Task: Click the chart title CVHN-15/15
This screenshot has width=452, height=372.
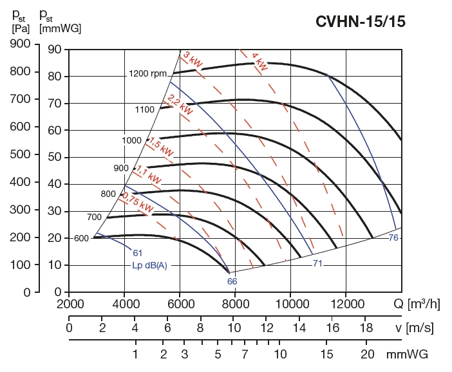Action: point(360,21)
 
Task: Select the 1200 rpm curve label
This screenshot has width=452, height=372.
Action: point(147,73)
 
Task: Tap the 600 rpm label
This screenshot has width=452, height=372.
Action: point(81,239)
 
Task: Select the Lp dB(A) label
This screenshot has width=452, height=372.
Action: point(149,266)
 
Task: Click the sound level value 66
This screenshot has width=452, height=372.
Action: point(232,281)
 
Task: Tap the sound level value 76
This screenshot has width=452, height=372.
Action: point(394,238)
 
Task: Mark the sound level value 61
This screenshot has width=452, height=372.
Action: point(137,252)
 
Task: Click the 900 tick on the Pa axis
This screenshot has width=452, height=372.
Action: point(23,44)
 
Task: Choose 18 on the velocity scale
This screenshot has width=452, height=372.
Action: point(364,328)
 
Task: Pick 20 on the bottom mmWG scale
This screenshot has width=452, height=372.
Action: point(368,355)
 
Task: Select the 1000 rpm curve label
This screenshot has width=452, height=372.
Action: point(131,140)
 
